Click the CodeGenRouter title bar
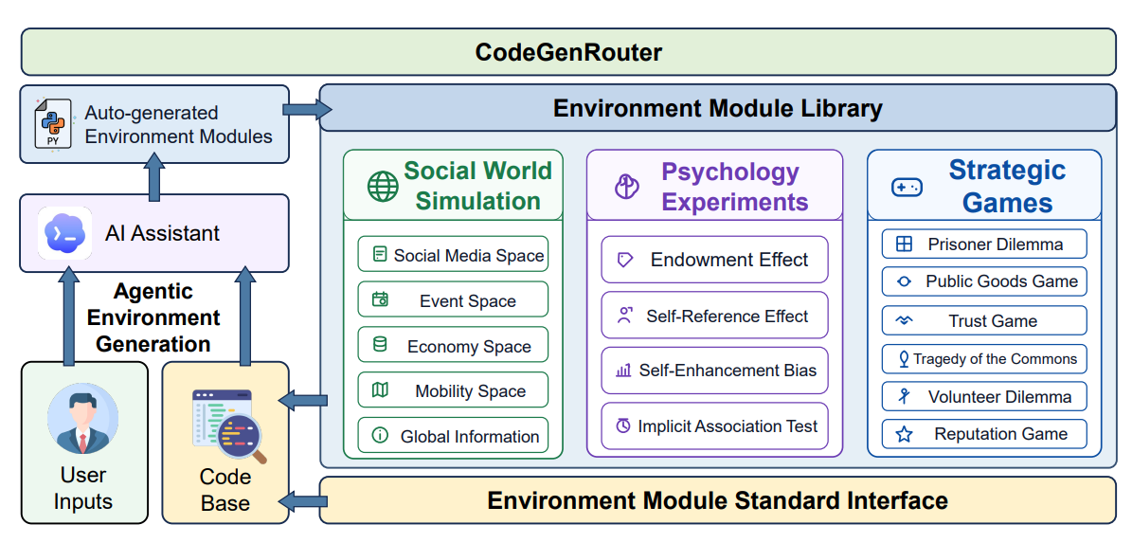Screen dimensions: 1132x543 coord(568,52)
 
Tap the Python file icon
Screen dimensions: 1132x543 coord(53,124)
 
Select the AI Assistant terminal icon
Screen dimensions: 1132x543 coord(64,233)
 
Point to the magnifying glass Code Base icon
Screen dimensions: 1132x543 coord(229,426)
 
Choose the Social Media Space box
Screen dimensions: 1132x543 coord(453,254)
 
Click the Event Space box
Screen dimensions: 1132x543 coord(453,299)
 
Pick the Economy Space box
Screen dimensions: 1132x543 coord(453,345)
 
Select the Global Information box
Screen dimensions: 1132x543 coord(453,435)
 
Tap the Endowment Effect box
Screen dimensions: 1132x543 coord(714,260)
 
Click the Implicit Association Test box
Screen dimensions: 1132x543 coord(714,425)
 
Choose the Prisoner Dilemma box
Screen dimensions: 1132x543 coord(984,244)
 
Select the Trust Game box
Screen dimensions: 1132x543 coord(984,320)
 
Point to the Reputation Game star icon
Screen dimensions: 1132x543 coord(904,435)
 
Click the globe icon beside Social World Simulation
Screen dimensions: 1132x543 coord(383,187)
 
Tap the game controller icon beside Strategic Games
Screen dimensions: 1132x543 coord(907,188)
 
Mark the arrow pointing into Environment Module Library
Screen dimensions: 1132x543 coord(306,109)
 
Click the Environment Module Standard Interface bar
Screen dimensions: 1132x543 coord(718,499)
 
